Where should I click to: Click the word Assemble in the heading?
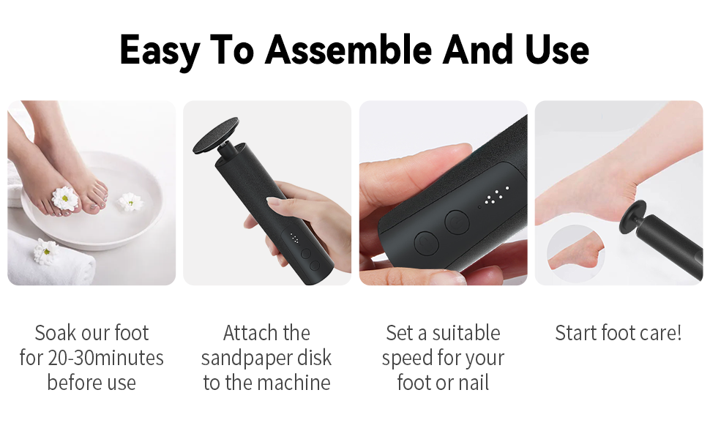click(348, 50)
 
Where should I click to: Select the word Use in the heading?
click(557, 50)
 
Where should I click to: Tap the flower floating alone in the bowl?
click(131, 201)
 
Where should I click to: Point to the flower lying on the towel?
click(45, 251)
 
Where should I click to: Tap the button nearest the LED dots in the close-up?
click(457, 220)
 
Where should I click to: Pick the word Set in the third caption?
click(400, 333)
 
